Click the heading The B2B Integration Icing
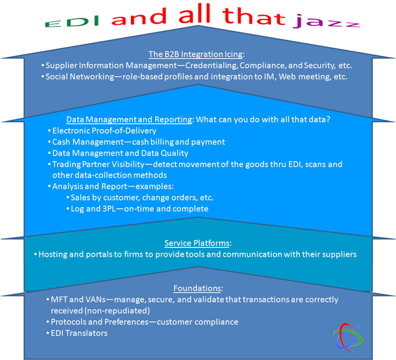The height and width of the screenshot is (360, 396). point(195,54)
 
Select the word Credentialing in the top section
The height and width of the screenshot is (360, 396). point(211,66)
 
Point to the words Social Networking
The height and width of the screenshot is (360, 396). point(80,76)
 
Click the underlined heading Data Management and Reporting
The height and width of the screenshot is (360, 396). point(129,119)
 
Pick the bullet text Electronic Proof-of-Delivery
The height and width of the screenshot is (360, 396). point(105,131)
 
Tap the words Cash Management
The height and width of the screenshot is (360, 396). point(88,142)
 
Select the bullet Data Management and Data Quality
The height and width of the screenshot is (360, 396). point(120,153)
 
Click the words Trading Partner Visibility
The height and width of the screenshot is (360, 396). point(98,164)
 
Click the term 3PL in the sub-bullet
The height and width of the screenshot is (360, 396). point(109,209)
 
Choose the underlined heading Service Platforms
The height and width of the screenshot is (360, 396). point(197,243)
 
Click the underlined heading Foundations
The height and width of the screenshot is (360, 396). point(197,288)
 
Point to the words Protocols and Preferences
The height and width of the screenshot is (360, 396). point(99,322)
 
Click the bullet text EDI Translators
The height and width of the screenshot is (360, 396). point(79,333)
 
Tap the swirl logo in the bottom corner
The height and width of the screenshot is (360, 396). point(347,337)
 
